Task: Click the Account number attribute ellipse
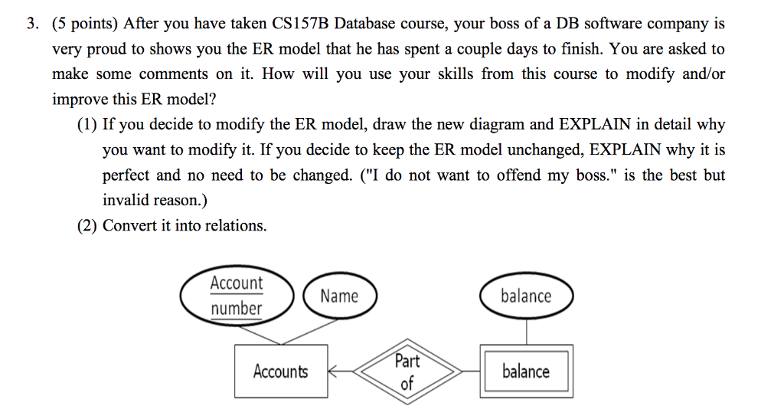[237, 296]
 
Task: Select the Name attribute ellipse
[339, 296]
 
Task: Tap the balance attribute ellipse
[526, 296]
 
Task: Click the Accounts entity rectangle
[280, 372]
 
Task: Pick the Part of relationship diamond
[407, 372]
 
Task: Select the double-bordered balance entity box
[525, 372]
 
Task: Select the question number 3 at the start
[31, 24]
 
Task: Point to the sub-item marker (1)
[87, 124]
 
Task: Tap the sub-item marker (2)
[87, 225]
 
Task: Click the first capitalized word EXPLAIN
[597, 124]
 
